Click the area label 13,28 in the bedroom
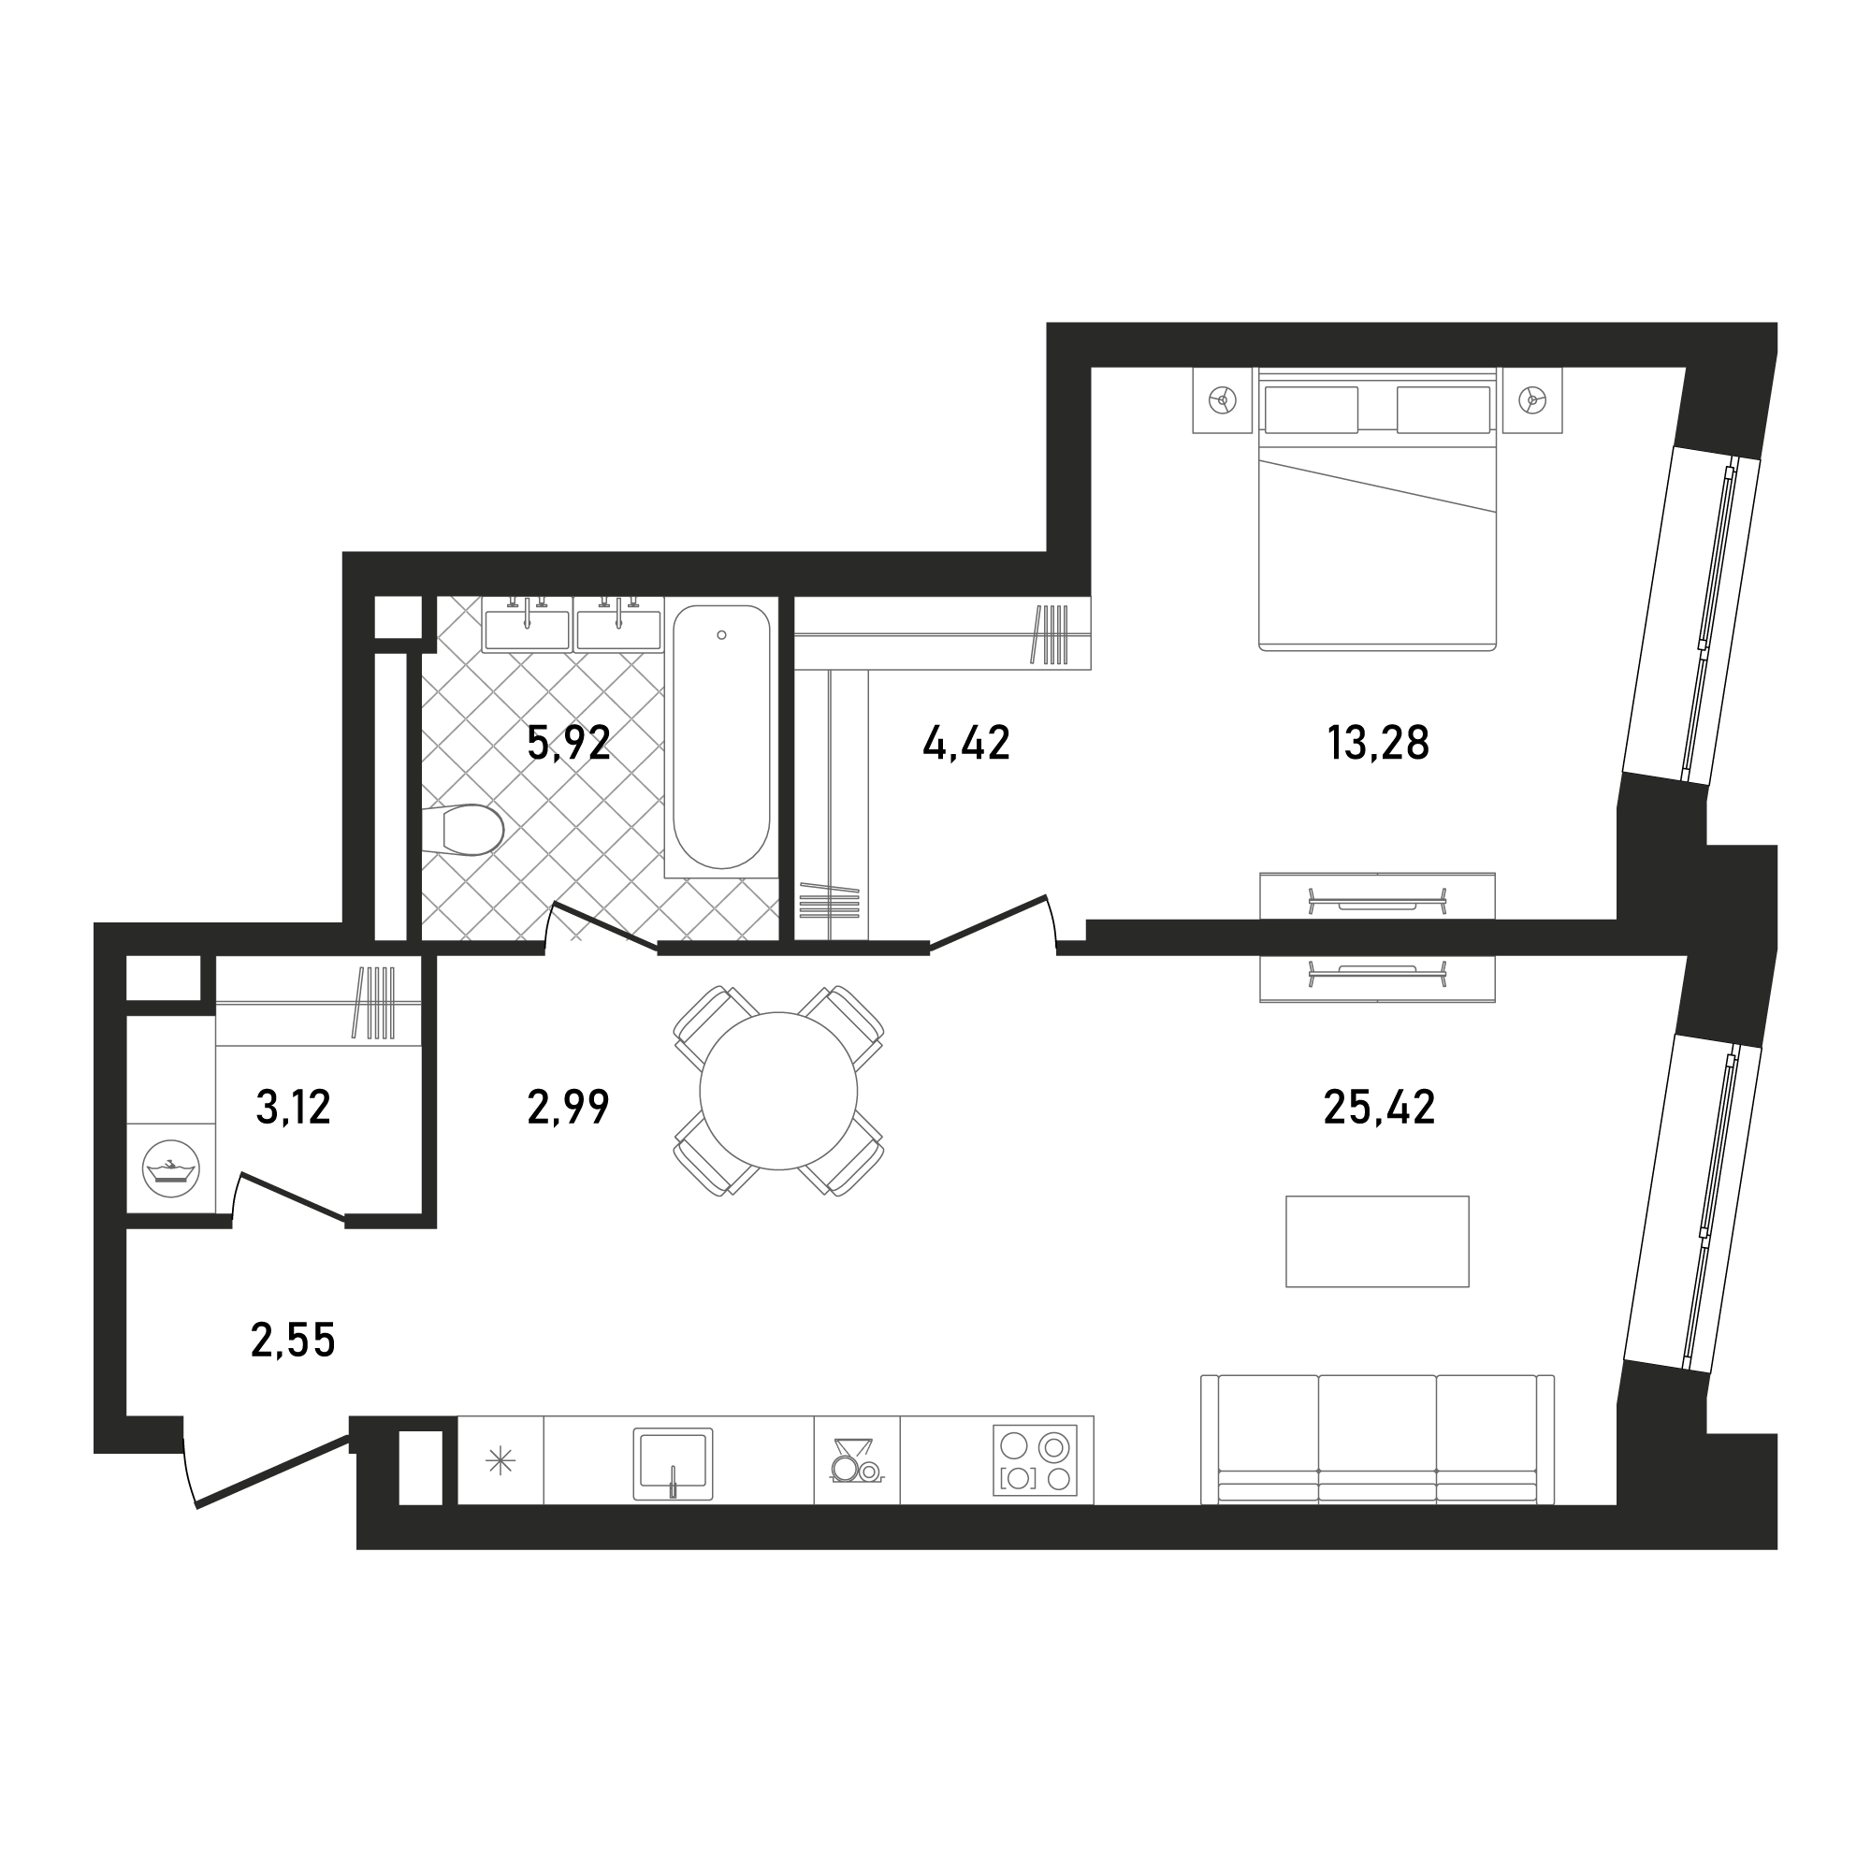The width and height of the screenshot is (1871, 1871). tap(1377, 743)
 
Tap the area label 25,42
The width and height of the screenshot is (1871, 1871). tap(1379, 1107)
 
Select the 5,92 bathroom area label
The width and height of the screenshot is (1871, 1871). tap(569, 743)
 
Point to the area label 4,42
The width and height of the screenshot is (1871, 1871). tap(966, 743)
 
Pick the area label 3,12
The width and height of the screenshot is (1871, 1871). tap(294, 1107)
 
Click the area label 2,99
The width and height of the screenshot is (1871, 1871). tap(569, 1107)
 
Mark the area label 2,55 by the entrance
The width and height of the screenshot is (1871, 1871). tap(293, 1341)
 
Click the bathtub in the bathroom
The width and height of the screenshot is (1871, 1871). tap(721, 737)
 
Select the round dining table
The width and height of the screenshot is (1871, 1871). tap(778, 1092)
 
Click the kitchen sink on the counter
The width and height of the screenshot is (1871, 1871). tap(673, 1464)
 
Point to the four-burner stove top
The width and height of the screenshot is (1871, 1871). tap(1036, 1460)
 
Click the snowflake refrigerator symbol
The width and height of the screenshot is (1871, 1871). tap(500, 1460)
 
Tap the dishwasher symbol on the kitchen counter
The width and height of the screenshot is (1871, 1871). tap(856, 1460)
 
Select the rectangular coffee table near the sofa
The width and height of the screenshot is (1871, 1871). tap(1377, 1241)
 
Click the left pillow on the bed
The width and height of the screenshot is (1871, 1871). tap(1312, 410)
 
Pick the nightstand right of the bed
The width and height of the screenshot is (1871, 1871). tap(1532, 400)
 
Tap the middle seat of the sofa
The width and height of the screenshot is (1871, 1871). tap(1377, 1439)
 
